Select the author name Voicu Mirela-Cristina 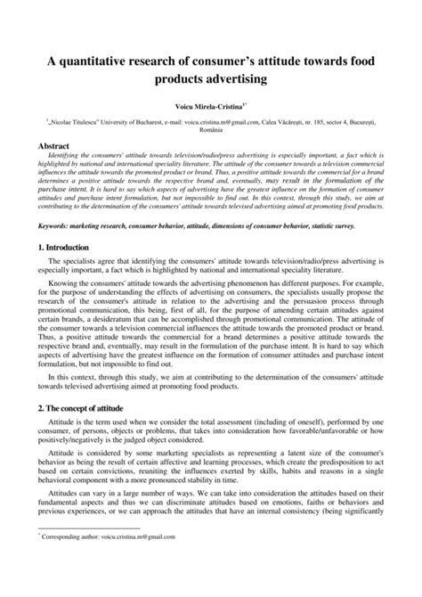pyautogui.click(x=208, y=106)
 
